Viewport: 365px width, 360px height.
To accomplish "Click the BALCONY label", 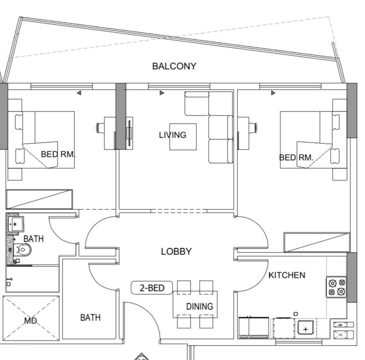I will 174,66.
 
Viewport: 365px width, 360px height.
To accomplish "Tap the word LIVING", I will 172,134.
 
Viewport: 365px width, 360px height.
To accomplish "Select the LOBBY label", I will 176,251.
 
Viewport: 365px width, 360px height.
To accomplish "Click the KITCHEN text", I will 287,275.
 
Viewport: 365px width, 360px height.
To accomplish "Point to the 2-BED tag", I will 152,288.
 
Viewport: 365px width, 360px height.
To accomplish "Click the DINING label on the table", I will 200,306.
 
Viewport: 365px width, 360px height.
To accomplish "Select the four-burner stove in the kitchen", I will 336,287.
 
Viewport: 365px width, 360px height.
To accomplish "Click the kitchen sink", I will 306,328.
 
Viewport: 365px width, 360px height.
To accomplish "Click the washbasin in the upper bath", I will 16,224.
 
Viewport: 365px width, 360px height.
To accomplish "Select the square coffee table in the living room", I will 183,137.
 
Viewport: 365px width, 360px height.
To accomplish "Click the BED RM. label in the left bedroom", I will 58,155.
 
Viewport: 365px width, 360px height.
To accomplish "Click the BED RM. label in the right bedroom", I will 296,157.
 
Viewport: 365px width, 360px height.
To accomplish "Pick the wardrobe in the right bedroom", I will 317,242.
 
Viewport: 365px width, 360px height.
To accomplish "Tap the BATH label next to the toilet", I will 33,238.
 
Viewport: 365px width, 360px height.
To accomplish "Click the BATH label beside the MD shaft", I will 90,317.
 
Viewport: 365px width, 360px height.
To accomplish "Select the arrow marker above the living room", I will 162,93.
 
